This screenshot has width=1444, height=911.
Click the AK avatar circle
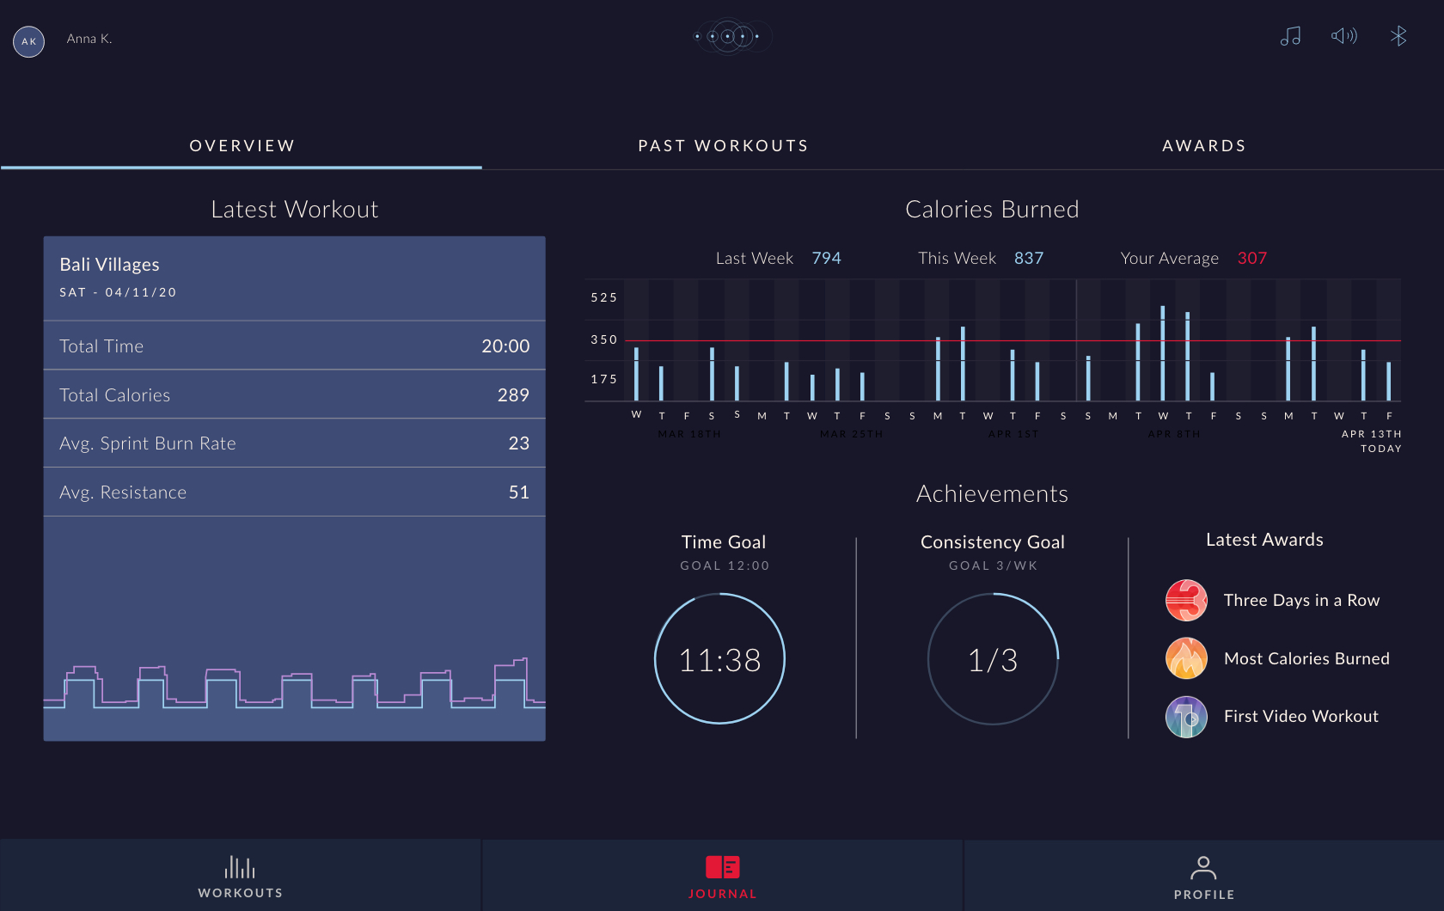point(28,41)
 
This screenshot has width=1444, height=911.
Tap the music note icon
point(1290,36)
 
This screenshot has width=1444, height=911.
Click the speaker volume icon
point(1343,36)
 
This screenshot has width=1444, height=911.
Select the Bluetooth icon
point(1398,36)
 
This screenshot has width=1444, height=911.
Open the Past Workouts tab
point(723,146)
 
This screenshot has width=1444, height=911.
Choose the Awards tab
point(1203,146)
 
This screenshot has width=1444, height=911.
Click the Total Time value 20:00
point(505,346)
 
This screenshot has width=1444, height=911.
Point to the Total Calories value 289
point(513,395)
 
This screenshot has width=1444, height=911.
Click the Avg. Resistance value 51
point(518,492)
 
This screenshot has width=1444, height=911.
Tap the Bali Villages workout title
point(109,265)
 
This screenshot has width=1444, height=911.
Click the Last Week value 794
point(826,259)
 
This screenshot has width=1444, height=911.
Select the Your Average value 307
point(1251,259)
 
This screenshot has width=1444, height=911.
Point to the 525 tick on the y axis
point(603,298)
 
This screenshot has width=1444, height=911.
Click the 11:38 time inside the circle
point(719,660)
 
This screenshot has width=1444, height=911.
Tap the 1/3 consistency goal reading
point(993,660)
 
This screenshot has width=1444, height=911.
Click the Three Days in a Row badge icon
point(1186,600)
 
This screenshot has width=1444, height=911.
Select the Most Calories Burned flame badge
point(1186,658)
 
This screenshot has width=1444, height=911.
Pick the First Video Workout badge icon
point(1186,717)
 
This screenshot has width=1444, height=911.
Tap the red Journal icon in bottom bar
point(722,867)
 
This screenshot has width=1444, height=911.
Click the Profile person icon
point(1203,867)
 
